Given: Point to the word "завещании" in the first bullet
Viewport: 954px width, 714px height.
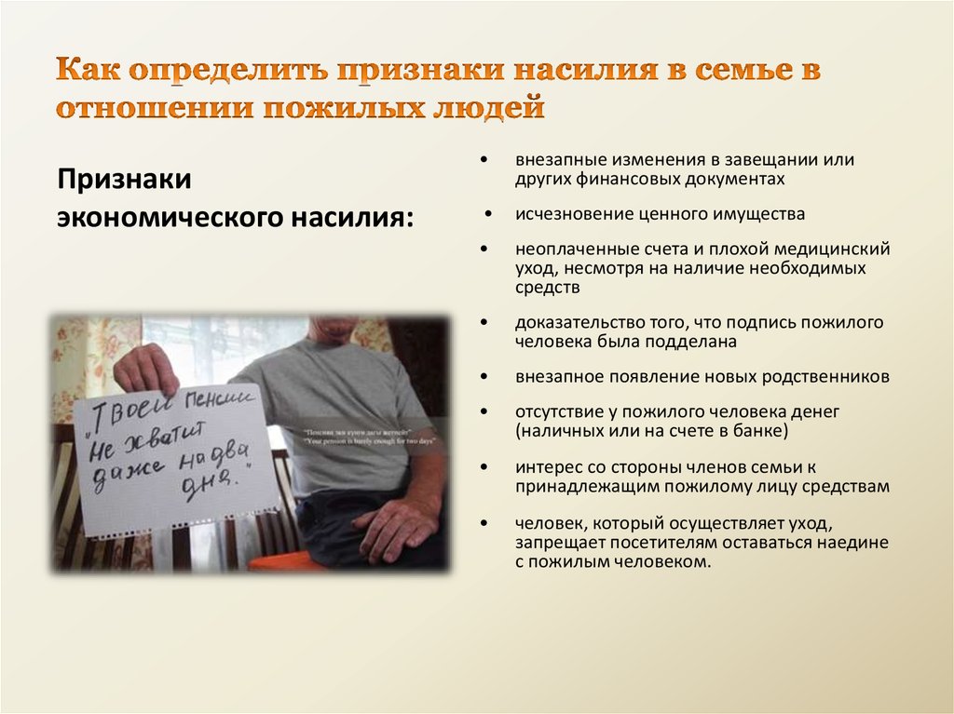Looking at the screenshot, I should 755,160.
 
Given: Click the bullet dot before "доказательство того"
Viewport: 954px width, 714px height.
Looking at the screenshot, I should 485,322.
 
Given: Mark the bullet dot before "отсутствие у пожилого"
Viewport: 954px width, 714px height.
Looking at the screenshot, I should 485,411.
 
